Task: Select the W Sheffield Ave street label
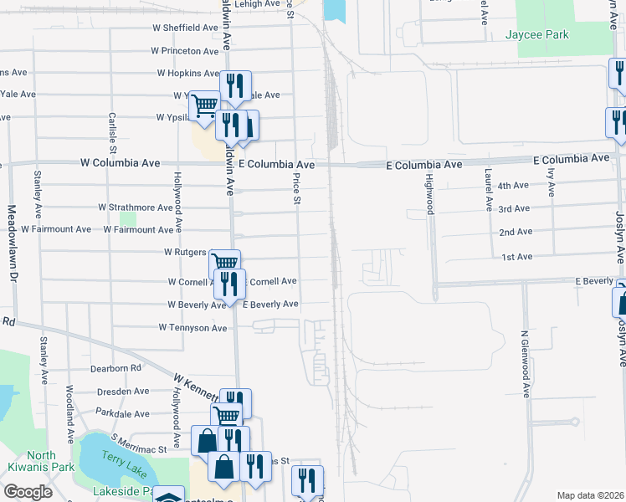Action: [x=186, y=28]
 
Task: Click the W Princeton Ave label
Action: [x=187, y=51]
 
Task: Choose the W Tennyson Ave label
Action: [x=192, y=328]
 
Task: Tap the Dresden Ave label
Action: [x=122, y=391]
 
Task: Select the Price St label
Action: [x=296, y=188]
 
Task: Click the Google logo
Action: [x=28, y=492]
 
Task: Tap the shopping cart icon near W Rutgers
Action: [x=224, y=263]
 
